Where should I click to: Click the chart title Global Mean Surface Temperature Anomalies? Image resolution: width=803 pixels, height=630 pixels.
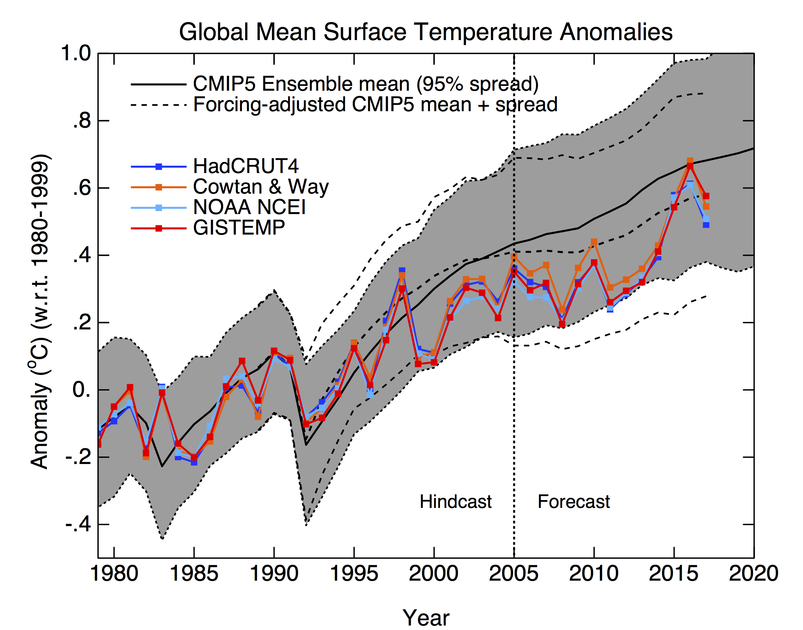(426, 32)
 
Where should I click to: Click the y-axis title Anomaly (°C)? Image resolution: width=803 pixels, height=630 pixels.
(40, 312)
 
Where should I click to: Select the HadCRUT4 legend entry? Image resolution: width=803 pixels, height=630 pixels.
(246, 166)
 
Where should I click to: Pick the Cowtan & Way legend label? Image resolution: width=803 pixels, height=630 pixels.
(261, 187)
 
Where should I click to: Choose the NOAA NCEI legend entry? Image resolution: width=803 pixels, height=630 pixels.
(249, 207)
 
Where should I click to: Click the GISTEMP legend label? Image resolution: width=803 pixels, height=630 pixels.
(239, 228)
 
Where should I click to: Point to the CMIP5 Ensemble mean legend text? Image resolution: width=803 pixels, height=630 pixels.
(365, 84)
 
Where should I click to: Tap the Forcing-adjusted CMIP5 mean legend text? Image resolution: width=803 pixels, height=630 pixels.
(375, 105)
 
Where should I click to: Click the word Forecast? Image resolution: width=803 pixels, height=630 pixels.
(574, 502)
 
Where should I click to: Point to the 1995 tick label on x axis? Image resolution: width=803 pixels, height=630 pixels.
(354, 574)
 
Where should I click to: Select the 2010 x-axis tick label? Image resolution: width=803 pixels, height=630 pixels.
(593, 574)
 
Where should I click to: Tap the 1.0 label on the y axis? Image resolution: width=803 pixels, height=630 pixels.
(76, 54)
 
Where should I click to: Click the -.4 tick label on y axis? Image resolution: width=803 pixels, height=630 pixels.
(78, 524)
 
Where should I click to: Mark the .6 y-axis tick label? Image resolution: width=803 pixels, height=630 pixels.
(81, 188)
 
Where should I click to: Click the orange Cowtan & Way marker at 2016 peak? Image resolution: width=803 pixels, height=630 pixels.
(690, 161)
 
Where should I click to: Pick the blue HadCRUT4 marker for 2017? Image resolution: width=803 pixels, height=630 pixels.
(706, 225)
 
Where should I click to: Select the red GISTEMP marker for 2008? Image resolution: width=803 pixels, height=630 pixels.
(562, 324)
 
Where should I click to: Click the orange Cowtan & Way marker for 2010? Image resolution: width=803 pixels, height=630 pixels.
(594, 242)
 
